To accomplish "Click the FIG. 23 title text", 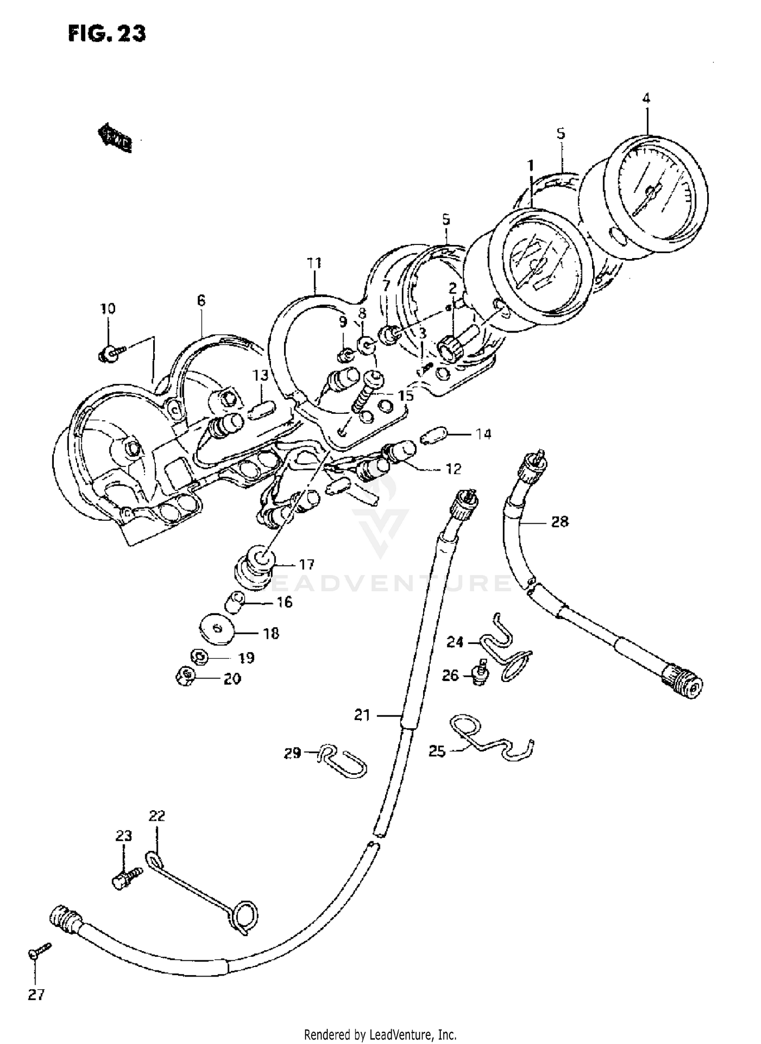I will [x=107, y=33].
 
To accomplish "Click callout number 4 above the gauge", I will [x=646, y=98].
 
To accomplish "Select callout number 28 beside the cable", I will [x=560, y=521].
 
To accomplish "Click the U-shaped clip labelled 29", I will [x=343, y=762].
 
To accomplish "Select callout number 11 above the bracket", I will [x=314, y=263].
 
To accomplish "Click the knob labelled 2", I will [x=449, y=348].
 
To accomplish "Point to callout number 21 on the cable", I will [x=362, y=715].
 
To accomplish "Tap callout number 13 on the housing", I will [x=260, y=376].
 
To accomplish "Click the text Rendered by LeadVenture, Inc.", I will [x=380, y=1034].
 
